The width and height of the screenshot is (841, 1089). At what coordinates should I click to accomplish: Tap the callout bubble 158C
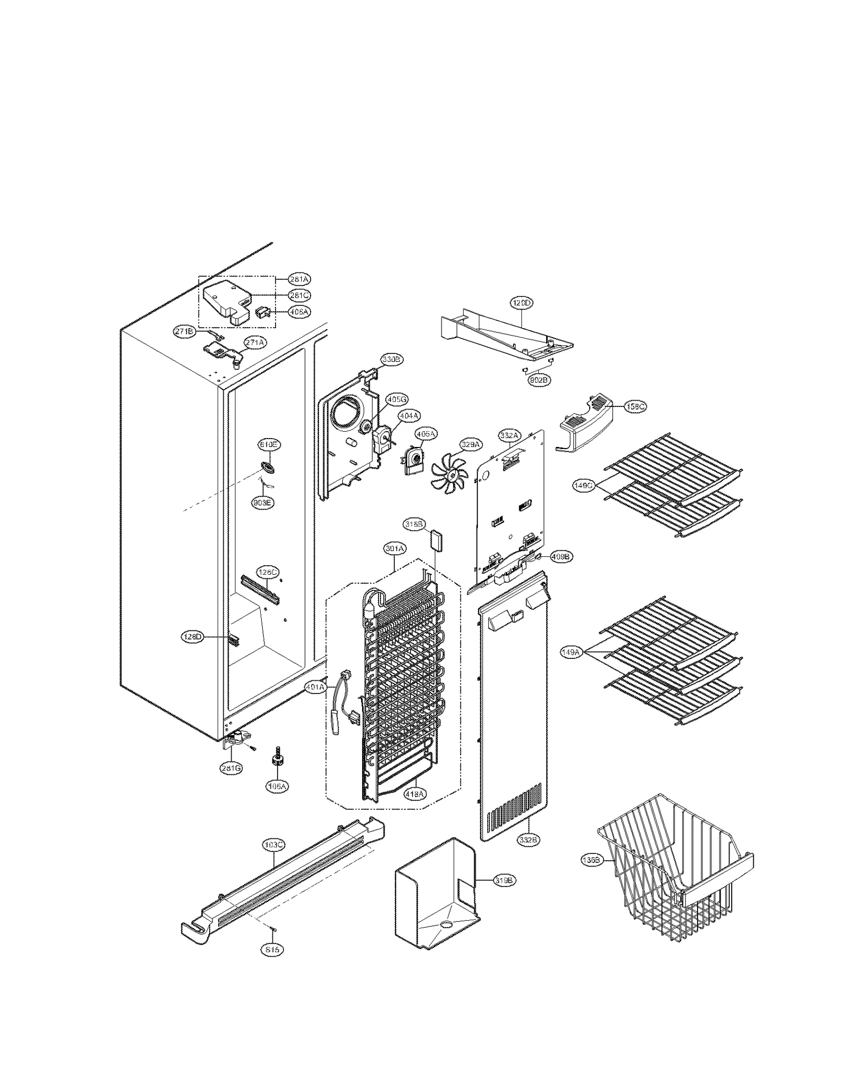[x=635, y=406]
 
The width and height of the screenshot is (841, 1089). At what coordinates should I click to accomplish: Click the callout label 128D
[x=192, y=637]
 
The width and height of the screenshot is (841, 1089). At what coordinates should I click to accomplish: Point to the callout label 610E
[x=268, y=445]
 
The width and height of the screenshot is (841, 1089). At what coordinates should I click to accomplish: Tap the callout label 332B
[x=528, y=840]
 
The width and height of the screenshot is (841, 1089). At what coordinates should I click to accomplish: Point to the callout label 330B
[x=392, y=360]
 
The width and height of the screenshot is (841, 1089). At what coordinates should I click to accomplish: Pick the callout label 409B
[x=561, y=556]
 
